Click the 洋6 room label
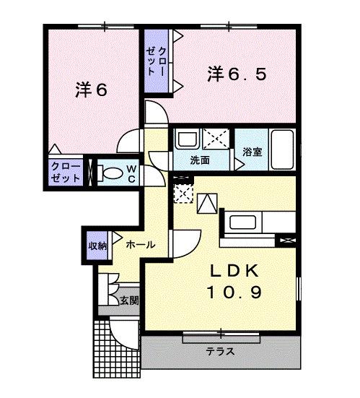tap(92, 91)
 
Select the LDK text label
tap(234, 271)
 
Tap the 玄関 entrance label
tap(130, 299)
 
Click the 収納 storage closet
tap(98, 246)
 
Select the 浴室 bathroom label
tap(251, 152)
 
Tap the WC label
tap(133, 174)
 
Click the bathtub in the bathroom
tap(281, 149)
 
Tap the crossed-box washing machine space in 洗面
tap(216, 137)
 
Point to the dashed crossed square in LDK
tap(184, 194)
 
